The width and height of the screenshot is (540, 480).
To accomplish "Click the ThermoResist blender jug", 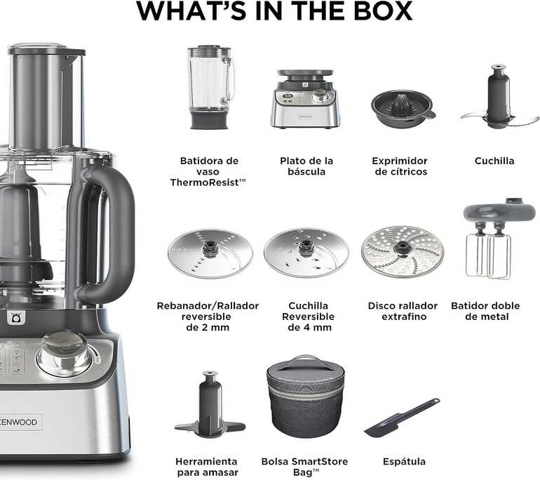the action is pyautogui.click(x=211, y=87).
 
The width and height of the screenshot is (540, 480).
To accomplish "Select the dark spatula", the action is pyautogui.click(x=402, y=418).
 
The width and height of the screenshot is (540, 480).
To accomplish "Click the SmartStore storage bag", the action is pyautogui.click(x=306, y=396).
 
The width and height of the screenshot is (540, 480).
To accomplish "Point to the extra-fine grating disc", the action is pyautogui.click(x=403, y=252).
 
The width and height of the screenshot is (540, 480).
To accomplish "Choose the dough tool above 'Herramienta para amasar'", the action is pyautogui.click(x=210, y=404).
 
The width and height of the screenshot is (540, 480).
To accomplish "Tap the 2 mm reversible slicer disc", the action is pyautogui.click(x=210, y=253).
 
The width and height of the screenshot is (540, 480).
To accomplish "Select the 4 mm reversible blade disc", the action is pyautogui.click(x=306, y=253).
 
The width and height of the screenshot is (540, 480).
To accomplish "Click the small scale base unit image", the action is pyautogui.click(x=306, y=99).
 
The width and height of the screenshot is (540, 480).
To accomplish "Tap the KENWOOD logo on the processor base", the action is pyautogui.click(x=18, y=422).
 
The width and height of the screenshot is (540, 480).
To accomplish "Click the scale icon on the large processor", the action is pyautogui.click(x=15, y=318).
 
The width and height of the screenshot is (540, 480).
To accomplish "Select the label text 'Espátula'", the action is pyautogui.click(x=404, y=461).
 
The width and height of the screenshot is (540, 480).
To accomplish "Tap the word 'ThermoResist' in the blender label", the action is pyautogui.click(x=204, y=182).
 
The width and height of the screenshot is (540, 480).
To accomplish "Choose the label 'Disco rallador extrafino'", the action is pyautogui.click(x=403, y=311).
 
